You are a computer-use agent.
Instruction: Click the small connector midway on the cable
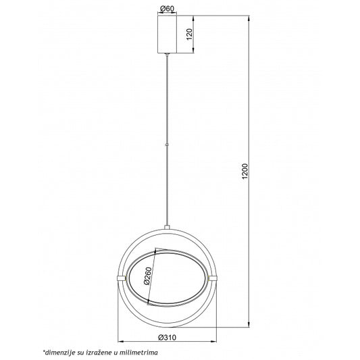tap(166, 145)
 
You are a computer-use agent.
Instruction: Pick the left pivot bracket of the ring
tap(121, 278)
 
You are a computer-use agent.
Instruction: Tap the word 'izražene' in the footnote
tap(95, 352)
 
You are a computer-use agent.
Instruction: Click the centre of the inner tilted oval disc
tap(166, 278)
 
